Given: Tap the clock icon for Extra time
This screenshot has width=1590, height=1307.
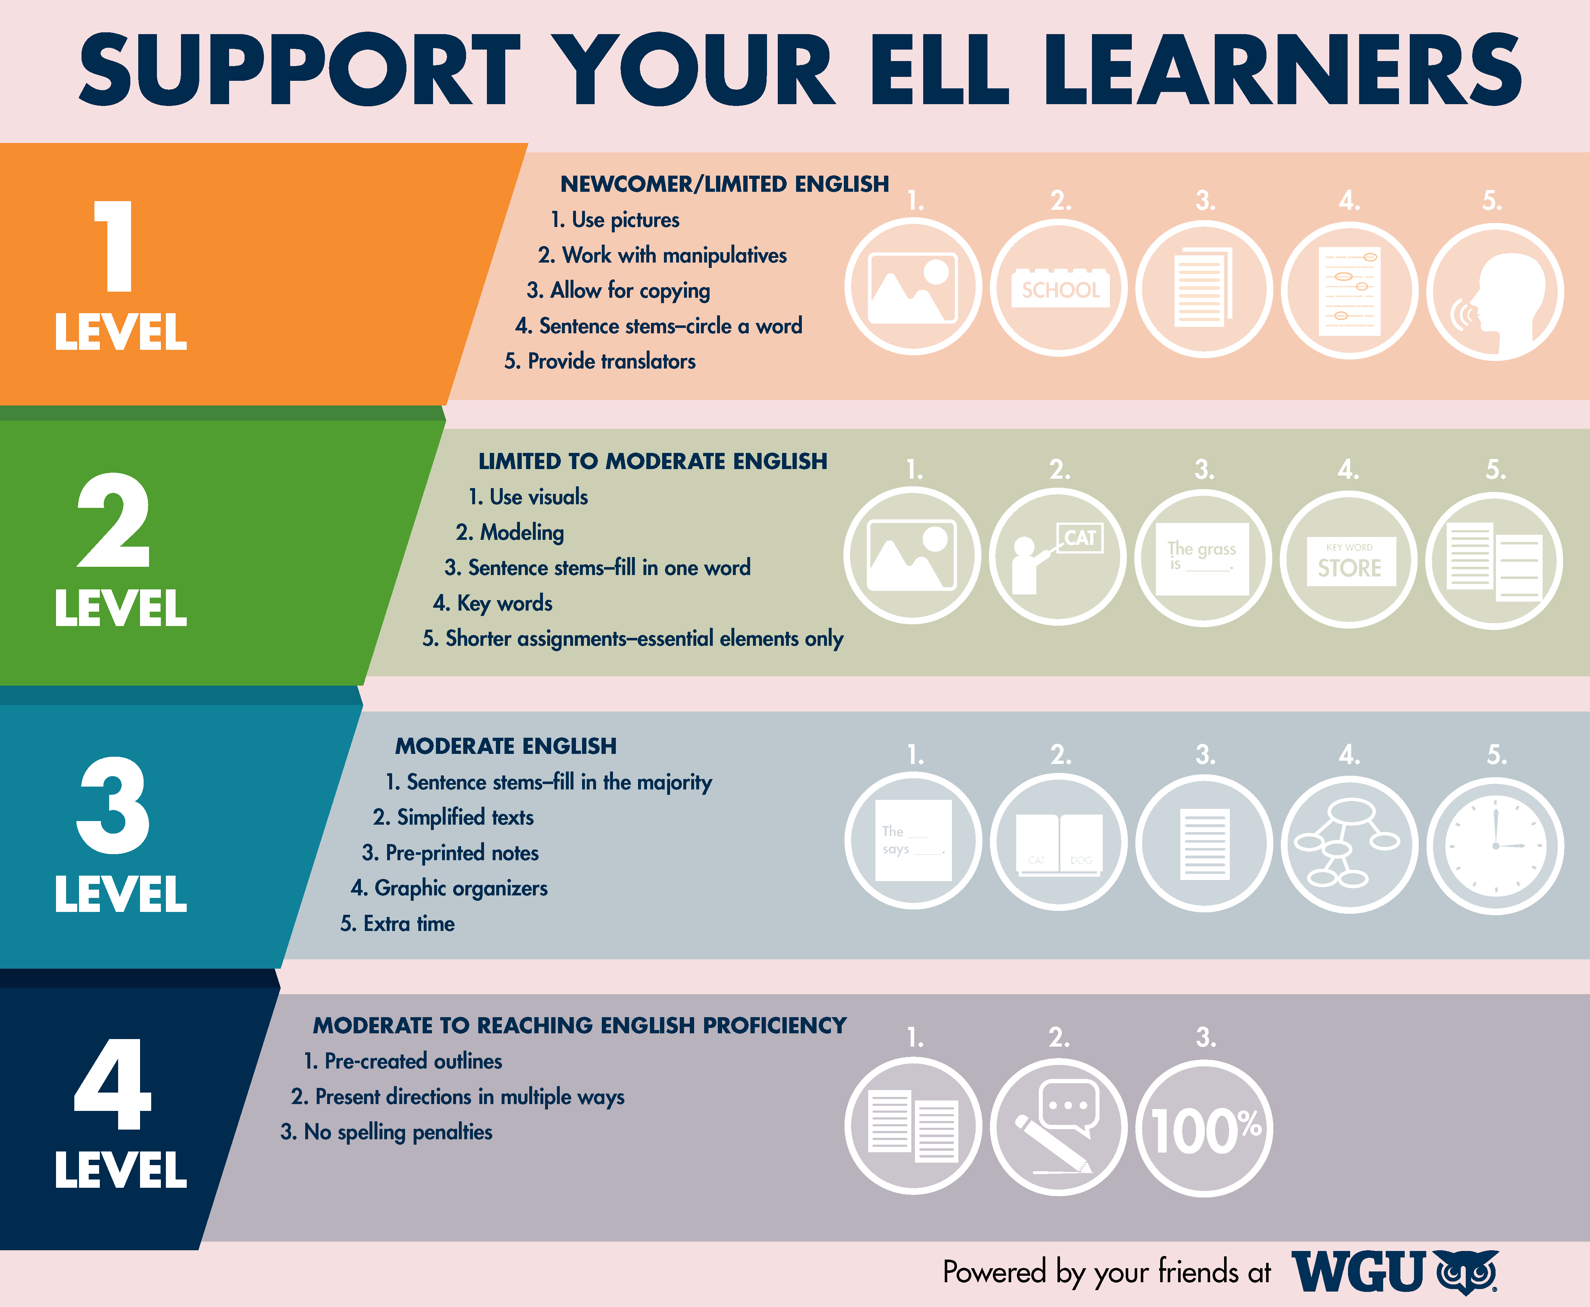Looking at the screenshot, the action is (x=1495, y=845).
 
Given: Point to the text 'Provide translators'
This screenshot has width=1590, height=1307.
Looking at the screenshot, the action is (x=611, y=361).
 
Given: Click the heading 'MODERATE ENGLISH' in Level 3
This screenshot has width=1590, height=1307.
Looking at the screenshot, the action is (x=506, y=746).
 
